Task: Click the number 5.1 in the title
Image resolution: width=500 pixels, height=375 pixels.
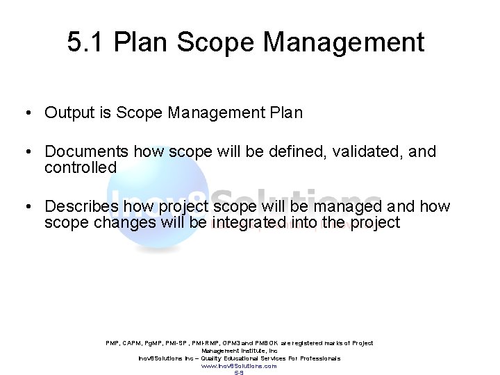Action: [83, 43]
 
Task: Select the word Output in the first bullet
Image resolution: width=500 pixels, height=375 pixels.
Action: [68, 112]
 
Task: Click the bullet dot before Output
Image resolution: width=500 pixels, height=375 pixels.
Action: [24, 113]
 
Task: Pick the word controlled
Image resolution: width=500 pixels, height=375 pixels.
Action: [81, 167]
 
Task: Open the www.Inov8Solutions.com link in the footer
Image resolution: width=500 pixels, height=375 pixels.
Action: [239, 365]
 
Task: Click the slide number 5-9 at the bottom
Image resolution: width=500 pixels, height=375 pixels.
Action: [239, 372]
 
